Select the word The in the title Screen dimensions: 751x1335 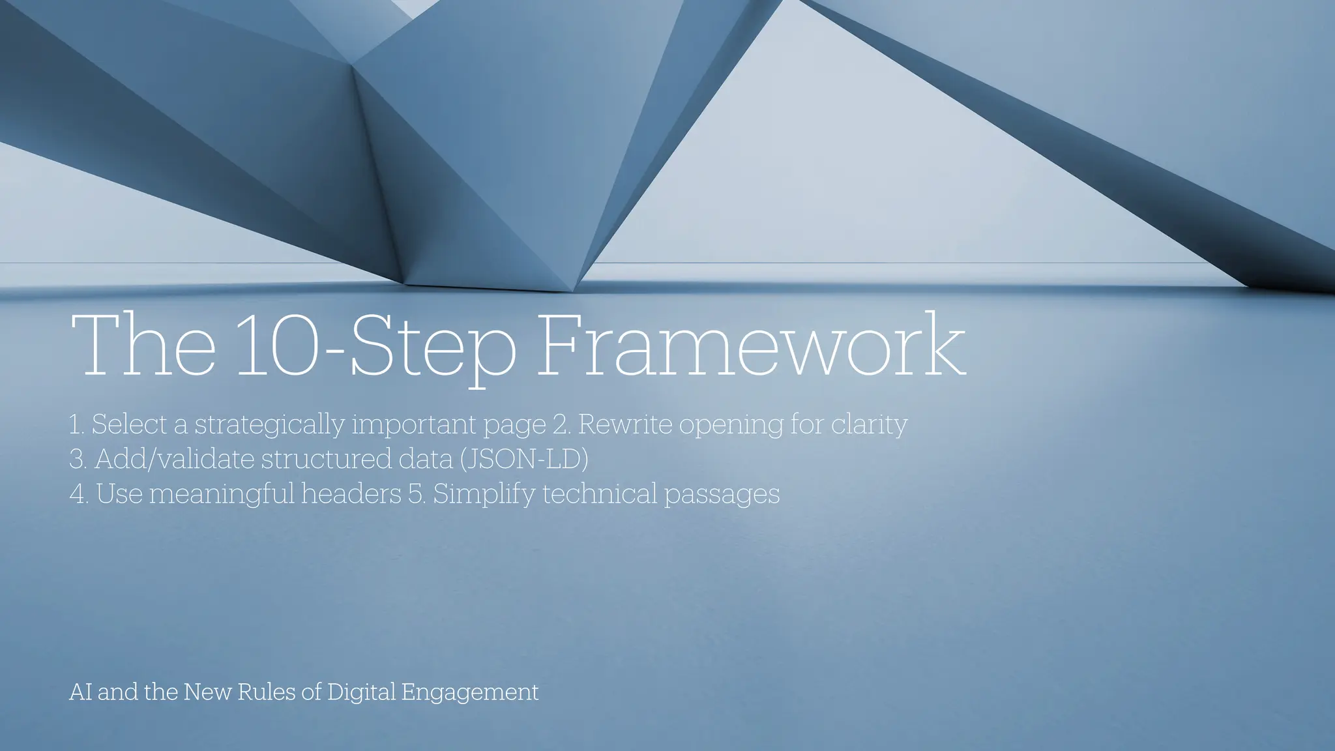tap(142, 346)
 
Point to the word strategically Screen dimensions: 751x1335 tap(269, 425)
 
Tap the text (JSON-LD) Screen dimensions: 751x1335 tap(524, 459)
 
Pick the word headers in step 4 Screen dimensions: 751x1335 tap(351, 493)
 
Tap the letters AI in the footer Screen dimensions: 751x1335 tap(80, 692)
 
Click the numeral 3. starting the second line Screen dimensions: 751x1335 tap(78, 459)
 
